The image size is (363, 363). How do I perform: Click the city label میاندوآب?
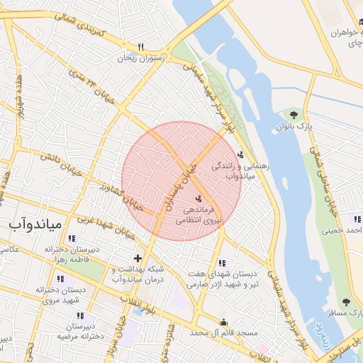coord(36,225)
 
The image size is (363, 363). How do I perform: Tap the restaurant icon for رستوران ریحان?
coord(141,47)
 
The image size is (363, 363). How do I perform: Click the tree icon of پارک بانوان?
coord(294,114)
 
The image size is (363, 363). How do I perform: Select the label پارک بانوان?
coord(294,127)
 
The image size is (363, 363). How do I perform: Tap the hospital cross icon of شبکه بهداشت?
coord(138,258)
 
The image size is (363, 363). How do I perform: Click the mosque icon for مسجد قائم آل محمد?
coord(225,320)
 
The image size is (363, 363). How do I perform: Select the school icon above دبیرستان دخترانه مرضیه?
coord(80,315)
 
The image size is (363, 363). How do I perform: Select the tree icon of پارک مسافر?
coord(346,302)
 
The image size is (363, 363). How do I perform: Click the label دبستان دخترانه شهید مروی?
coord(55,294)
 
